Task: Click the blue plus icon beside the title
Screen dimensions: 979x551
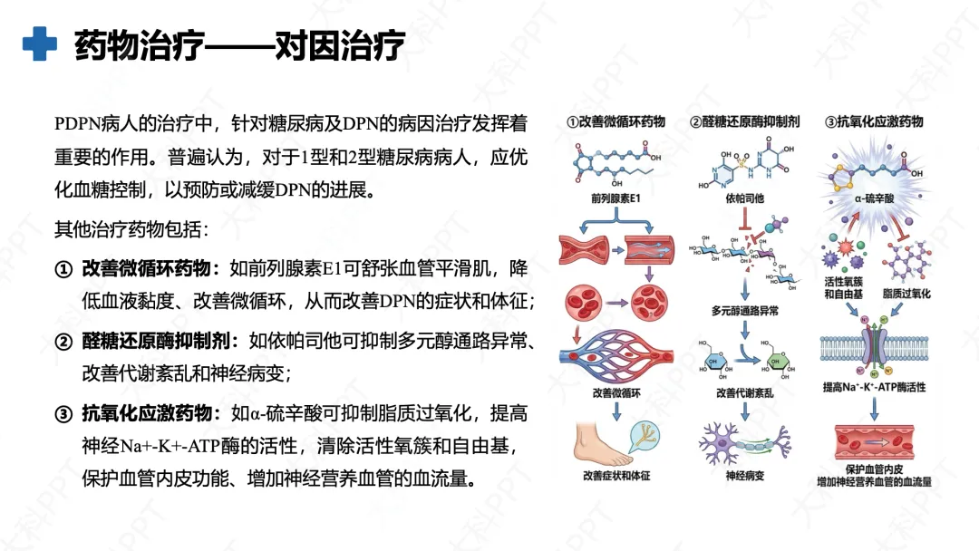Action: click(x=39, y=43)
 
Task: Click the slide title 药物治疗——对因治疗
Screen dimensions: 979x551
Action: click(x=239, y=44)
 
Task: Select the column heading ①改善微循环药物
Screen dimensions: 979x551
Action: click(x=616, y=121)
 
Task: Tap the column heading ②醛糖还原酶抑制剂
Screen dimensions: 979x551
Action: click(x=745, y=121)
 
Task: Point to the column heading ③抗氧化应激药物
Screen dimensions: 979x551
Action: click(x=874, y=121)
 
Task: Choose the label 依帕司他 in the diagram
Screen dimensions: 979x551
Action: click(x=746, y=197)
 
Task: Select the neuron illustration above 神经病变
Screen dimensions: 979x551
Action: click(x=745, y=444)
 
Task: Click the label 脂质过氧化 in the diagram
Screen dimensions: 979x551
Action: click(x=906, y=293)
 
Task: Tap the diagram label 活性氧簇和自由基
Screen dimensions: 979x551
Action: click(x=843, y=288)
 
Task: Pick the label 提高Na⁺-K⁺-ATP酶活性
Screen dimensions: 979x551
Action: click(x=874, y=387)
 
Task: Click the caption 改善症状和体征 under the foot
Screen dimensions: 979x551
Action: click(x=617, y=476)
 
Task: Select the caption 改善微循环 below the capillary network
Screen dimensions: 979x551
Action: click(x=616, y=392)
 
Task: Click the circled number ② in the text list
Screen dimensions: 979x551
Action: click(x=63, y=342)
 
